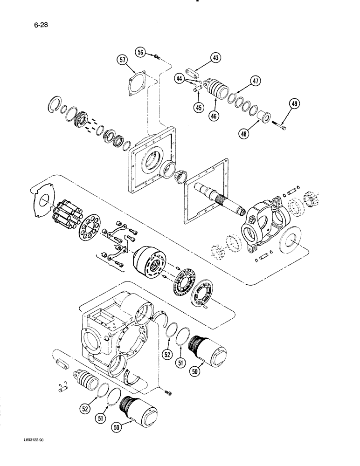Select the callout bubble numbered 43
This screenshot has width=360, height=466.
[x=215, y=58]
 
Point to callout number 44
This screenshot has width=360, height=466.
[x=179, y=79]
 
